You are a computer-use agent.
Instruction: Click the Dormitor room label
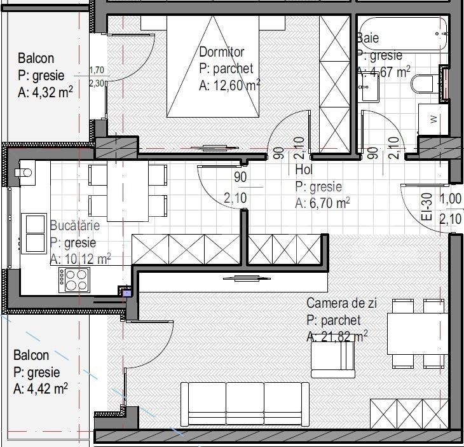221,52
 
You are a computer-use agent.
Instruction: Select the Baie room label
369,39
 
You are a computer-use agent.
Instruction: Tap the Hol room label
304,170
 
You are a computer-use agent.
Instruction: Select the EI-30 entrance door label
426,207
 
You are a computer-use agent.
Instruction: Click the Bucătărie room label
74,226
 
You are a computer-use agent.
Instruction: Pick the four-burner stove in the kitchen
74,279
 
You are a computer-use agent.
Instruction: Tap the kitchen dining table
127,190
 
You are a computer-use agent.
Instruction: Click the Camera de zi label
341,304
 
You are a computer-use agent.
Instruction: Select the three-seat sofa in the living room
244,403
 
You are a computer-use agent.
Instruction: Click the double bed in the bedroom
213,67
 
